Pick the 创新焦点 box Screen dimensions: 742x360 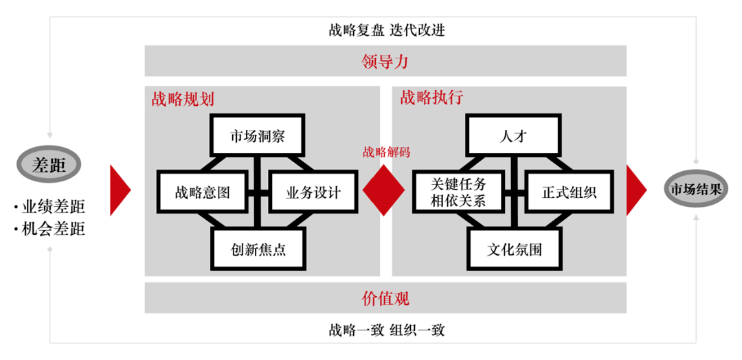point(258,248)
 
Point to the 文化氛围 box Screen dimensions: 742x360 point(515,248)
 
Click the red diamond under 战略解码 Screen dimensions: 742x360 point(384,190)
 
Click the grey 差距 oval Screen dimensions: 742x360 point(49,165)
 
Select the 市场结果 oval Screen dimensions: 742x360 point(695,189)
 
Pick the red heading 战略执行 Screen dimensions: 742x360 point(431,98)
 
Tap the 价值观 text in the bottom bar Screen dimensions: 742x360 point(385,298)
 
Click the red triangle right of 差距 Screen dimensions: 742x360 point(120,190)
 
